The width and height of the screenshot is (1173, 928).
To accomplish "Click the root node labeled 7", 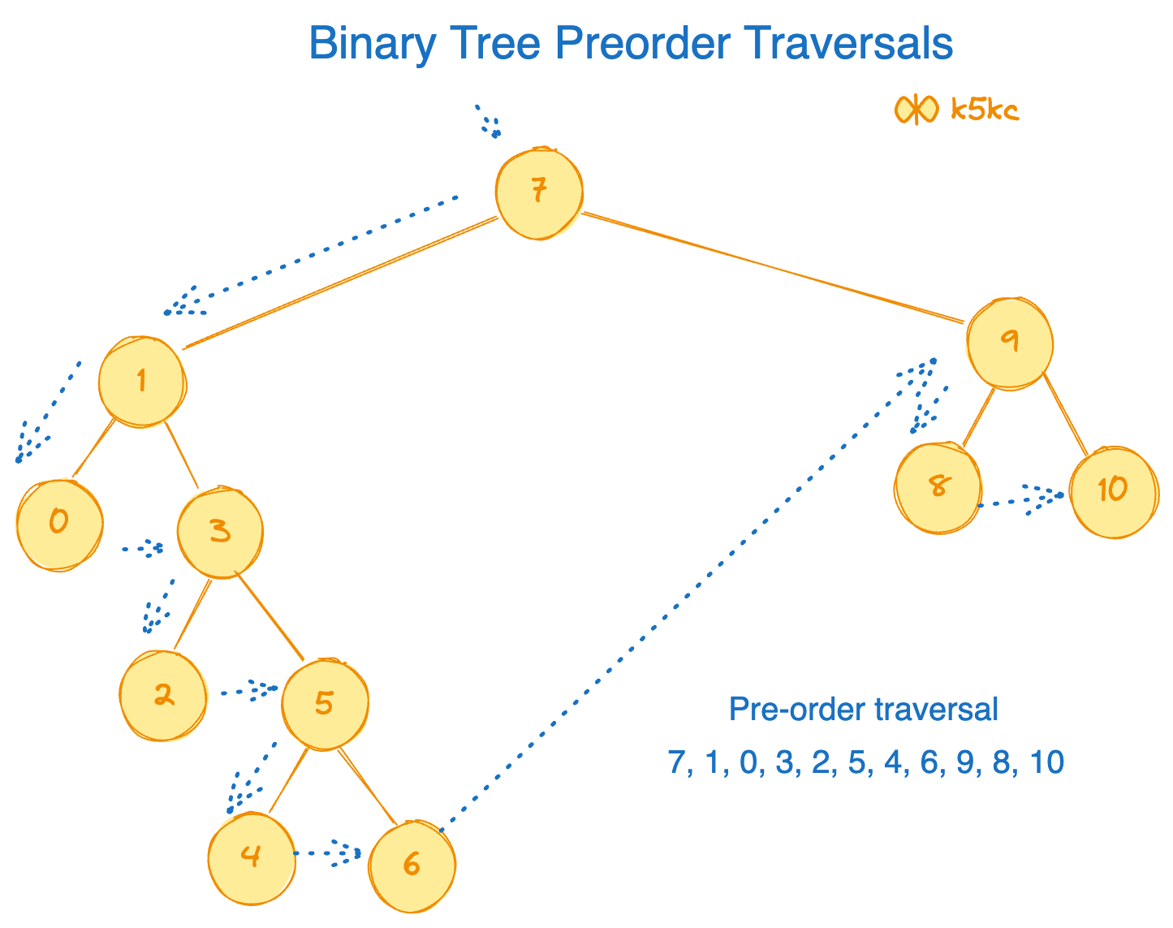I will click(x=539, y=193).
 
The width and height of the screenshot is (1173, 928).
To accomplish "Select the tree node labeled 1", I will click(x=142, y=381).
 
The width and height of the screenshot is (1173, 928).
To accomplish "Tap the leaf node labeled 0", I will click(x=59, y=524).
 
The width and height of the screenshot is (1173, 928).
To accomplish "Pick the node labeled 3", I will click(x=220, y=533).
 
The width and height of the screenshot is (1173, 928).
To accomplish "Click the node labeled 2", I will click(x=162, y=696).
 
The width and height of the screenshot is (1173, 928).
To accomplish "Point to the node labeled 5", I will click(x=325, y=704).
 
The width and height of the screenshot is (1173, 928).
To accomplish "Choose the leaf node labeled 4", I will click(x=251, y=857).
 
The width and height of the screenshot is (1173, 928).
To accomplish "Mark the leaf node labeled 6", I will click(x=412, y=866).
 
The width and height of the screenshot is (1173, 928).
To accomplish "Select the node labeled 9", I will click(x=1009, y=342).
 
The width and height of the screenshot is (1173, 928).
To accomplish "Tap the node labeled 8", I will click(x=938, y=488).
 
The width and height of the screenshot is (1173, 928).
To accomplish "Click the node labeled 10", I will click(x=1112, y=491).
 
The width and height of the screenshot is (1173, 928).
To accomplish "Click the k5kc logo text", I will click(x=985, y=110).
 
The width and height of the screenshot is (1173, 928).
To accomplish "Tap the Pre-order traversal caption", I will click(x=863, y=710).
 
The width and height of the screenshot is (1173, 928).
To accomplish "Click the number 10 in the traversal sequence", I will click(x=1046, y=762).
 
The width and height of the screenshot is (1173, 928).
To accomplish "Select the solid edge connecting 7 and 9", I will click(x=771, y=267).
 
